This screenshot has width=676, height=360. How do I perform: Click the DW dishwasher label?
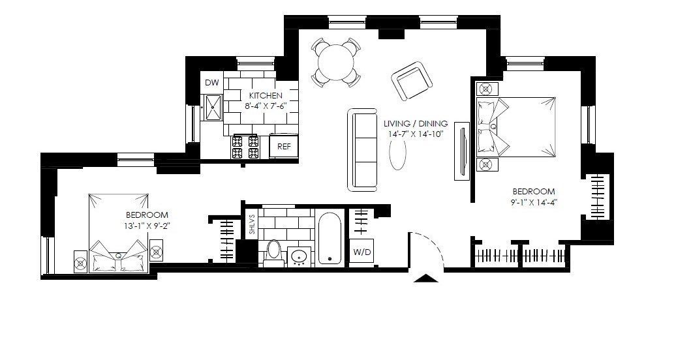[211, 83]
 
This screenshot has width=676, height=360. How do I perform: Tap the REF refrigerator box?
[284, 146]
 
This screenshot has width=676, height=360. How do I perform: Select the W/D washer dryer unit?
[361, 252]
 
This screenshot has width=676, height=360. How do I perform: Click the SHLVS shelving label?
[252, 224]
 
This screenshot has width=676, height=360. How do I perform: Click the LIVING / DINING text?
[416, 124]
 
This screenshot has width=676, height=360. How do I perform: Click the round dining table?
[335, 62]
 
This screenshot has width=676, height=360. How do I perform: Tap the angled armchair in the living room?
[412, 81]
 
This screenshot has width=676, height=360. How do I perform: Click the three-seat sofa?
[362, 150]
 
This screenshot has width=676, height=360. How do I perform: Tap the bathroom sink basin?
[299, 258]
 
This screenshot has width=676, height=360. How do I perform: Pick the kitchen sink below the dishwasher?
[212, 107]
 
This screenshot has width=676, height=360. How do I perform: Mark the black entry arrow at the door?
[426, 278]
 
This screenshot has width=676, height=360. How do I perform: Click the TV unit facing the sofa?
[462, 151]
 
